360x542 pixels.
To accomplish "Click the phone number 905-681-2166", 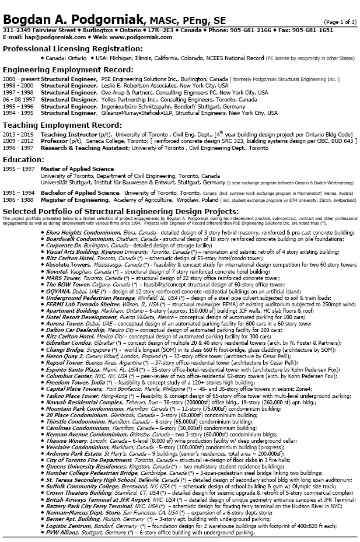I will point(251,30).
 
